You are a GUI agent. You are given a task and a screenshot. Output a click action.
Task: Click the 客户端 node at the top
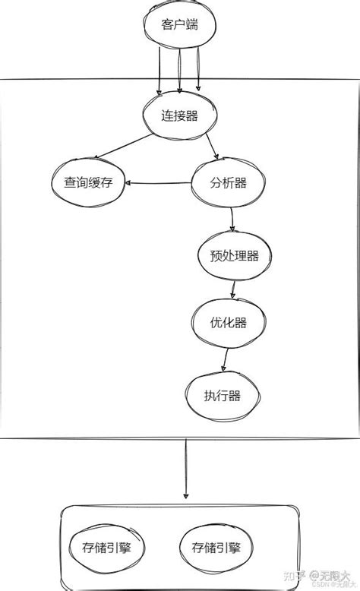[180, 24]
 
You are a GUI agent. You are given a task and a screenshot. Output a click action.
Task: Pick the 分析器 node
[229, 183]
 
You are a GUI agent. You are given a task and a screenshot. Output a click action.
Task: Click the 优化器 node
[229, 323]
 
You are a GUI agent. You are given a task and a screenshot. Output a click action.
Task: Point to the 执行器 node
[223, 396]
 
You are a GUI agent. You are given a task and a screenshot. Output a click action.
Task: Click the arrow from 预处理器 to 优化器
[232, 289]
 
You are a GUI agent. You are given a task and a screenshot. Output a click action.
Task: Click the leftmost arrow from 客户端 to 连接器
[160, 72]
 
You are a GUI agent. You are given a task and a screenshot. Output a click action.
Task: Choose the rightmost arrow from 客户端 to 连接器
[198, 72]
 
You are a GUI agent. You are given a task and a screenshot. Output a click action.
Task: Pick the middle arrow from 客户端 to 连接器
[179, 72]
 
